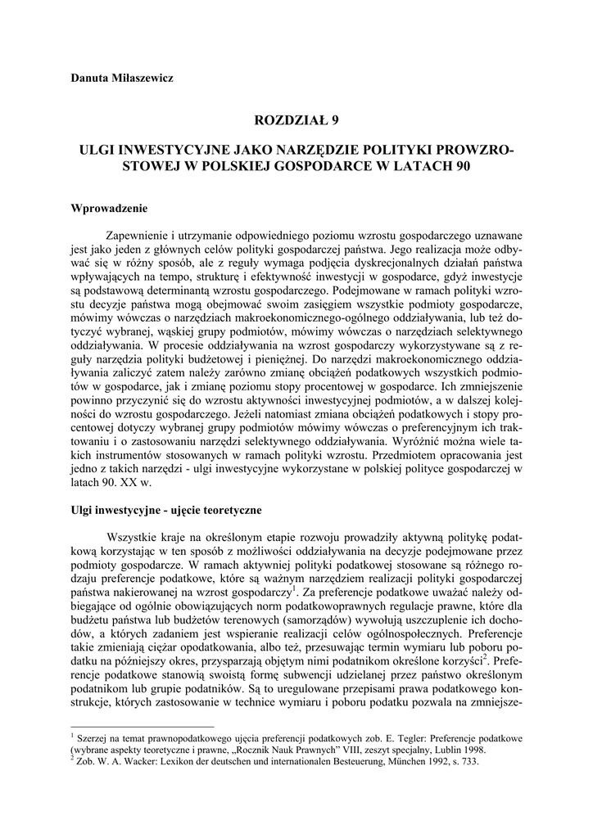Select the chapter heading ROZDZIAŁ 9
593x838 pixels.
(296, 121)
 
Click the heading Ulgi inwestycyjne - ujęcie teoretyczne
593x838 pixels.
(166, 511)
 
